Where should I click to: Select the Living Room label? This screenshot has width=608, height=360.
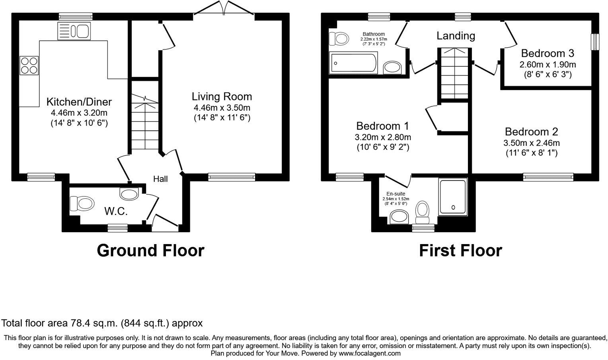tap(222, 96)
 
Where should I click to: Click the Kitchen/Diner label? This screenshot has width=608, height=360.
tap(79, 102)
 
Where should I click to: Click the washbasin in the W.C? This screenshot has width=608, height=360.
tap(129, 194)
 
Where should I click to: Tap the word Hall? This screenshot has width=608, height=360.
tap(160, 179)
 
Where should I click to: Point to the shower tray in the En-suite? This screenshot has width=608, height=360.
tap(452, 197)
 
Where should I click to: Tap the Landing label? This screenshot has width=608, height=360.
tap(456, 36)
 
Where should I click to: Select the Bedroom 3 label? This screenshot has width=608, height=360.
tap(548, 53)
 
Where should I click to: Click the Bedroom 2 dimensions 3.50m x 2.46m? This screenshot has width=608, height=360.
tap(531, 143)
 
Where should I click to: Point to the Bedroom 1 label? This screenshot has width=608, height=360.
tap(382, 126)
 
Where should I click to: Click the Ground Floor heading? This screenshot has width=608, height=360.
tap(150, 250)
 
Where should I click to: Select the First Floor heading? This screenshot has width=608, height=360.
tap(460, 250)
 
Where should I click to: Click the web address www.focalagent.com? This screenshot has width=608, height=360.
tap(369, 353)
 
